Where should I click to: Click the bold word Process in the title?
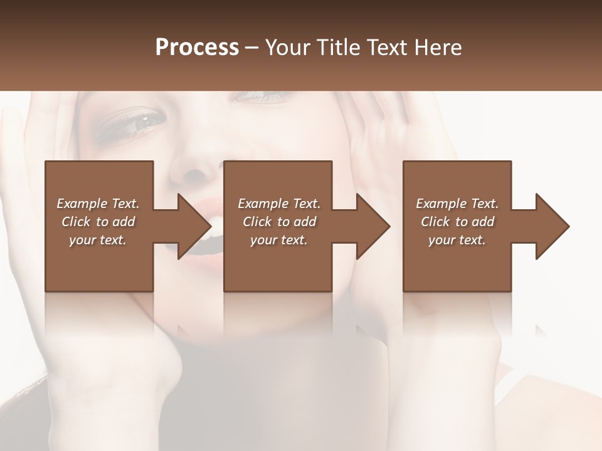tap(197, 47)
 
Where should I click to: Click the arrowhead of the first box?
tap(194, 226)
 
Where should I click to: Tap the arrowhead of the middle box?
tap(373, 226)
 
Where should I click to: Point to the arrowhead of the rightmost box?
tap(552, 226)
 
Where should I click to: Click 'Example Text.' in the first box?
tap(98, 204)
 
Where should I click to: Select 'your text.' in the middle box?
tap(278, 240)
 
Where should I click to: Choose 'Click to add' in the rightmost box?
tap(457, 222)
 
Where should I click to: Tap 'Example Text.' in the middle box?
tap(278, 204)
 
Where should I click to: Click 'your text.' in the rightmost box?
tap(457, 240)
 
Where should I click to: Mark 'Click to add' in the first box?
tap(98, 222)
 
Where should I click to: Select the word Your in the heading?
tap(288, 47)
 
